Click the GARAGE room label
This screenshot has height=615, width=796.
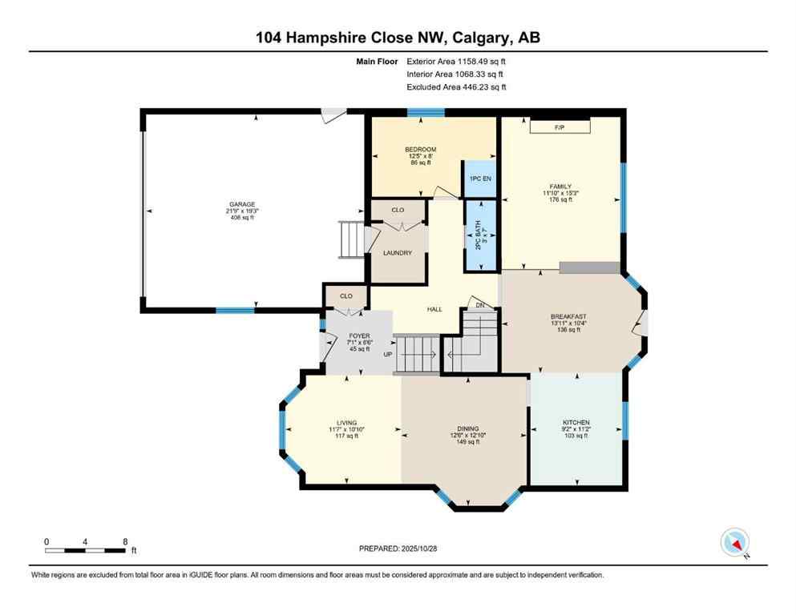(x=242, y=204)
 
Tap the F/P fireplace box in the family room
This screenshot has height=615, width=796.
(x=560, y=127)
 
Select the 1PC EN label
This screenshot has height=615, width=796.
(x=481, y=179)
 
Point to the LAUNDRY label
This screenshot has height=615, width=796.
(x=398, y=253)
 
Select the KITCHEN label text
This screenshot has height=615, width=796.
(x=576, y=422)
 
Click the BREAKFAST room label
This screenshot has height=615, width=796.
(x=569, y=316)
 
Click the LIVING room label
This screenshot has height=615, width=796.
(x=346, y=423)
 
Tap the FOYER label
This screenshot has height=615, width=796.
(x=358, y=336)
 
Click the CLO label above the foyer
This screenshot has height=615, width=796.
(x=345, y=296)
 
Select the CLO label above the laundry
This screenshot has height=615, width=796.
(x=398, y=210)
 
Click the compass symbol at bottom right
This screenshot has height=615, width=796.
(x=734, y=542)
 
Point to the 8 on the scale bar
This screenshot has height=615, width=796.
(x=124, y=541)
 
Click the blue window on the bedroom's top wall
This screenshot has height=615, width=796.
(x=426, y=113)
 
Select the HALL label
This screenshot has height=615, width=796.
(x=434, y=309)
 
